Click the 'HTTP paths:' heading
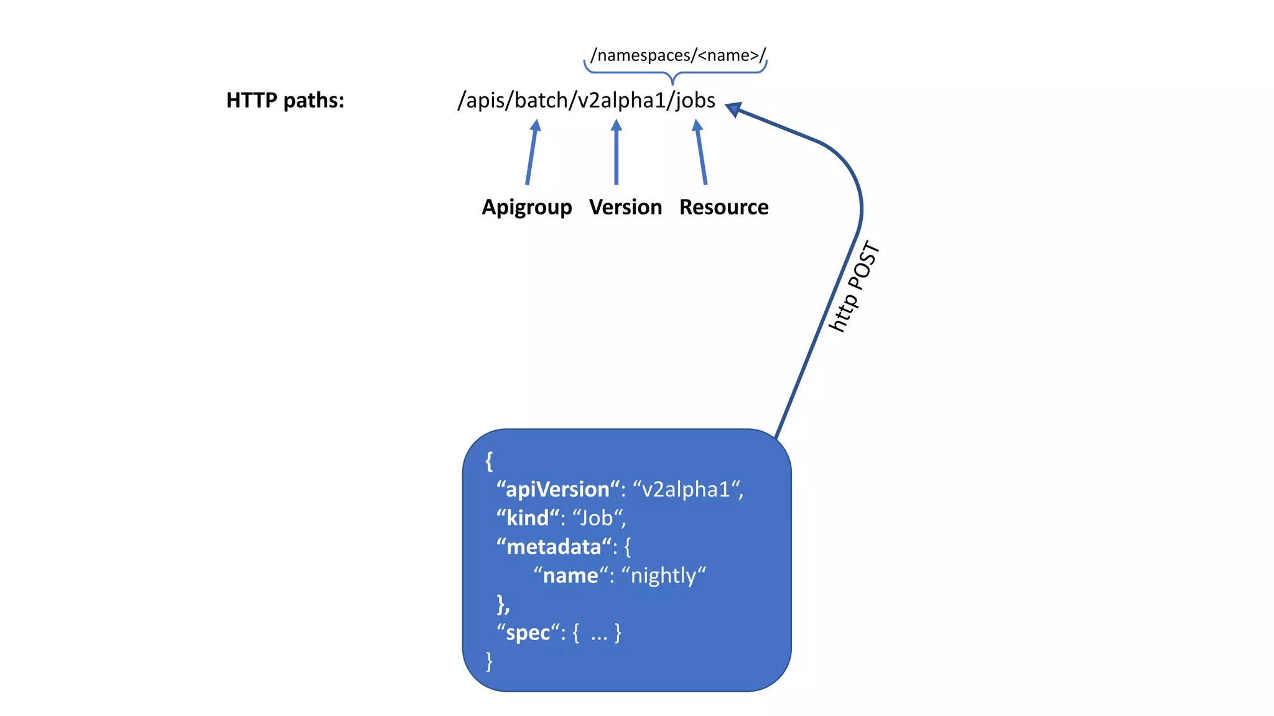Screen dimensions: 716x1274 click(285, 101)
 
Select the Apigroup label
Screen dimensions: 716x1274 click(527, 207)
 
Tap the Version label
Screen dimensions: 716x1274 click(625, 207)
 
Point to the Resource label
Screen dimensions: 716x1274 click(723, 207)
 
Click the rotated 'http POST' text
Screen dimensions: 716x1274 click(854, 287)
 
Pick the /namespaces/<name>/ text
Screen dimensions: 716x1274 click(678, 55)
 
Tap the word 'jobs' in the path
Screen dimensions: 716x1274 click(695, 100)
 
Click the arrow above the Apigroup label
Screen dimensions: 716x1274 click(531, 152)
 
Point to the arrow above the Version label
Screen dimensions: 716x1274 click(616, 152)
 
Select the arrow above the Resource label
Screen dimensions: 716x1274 click(701, 152)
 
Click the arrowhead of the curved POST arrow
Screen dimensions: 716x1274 click(733, 109)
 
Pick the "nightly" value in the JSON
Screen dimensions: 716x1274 click(664, 576)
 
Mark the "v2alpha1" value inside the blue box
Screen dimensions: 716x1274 click(686, 490)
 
